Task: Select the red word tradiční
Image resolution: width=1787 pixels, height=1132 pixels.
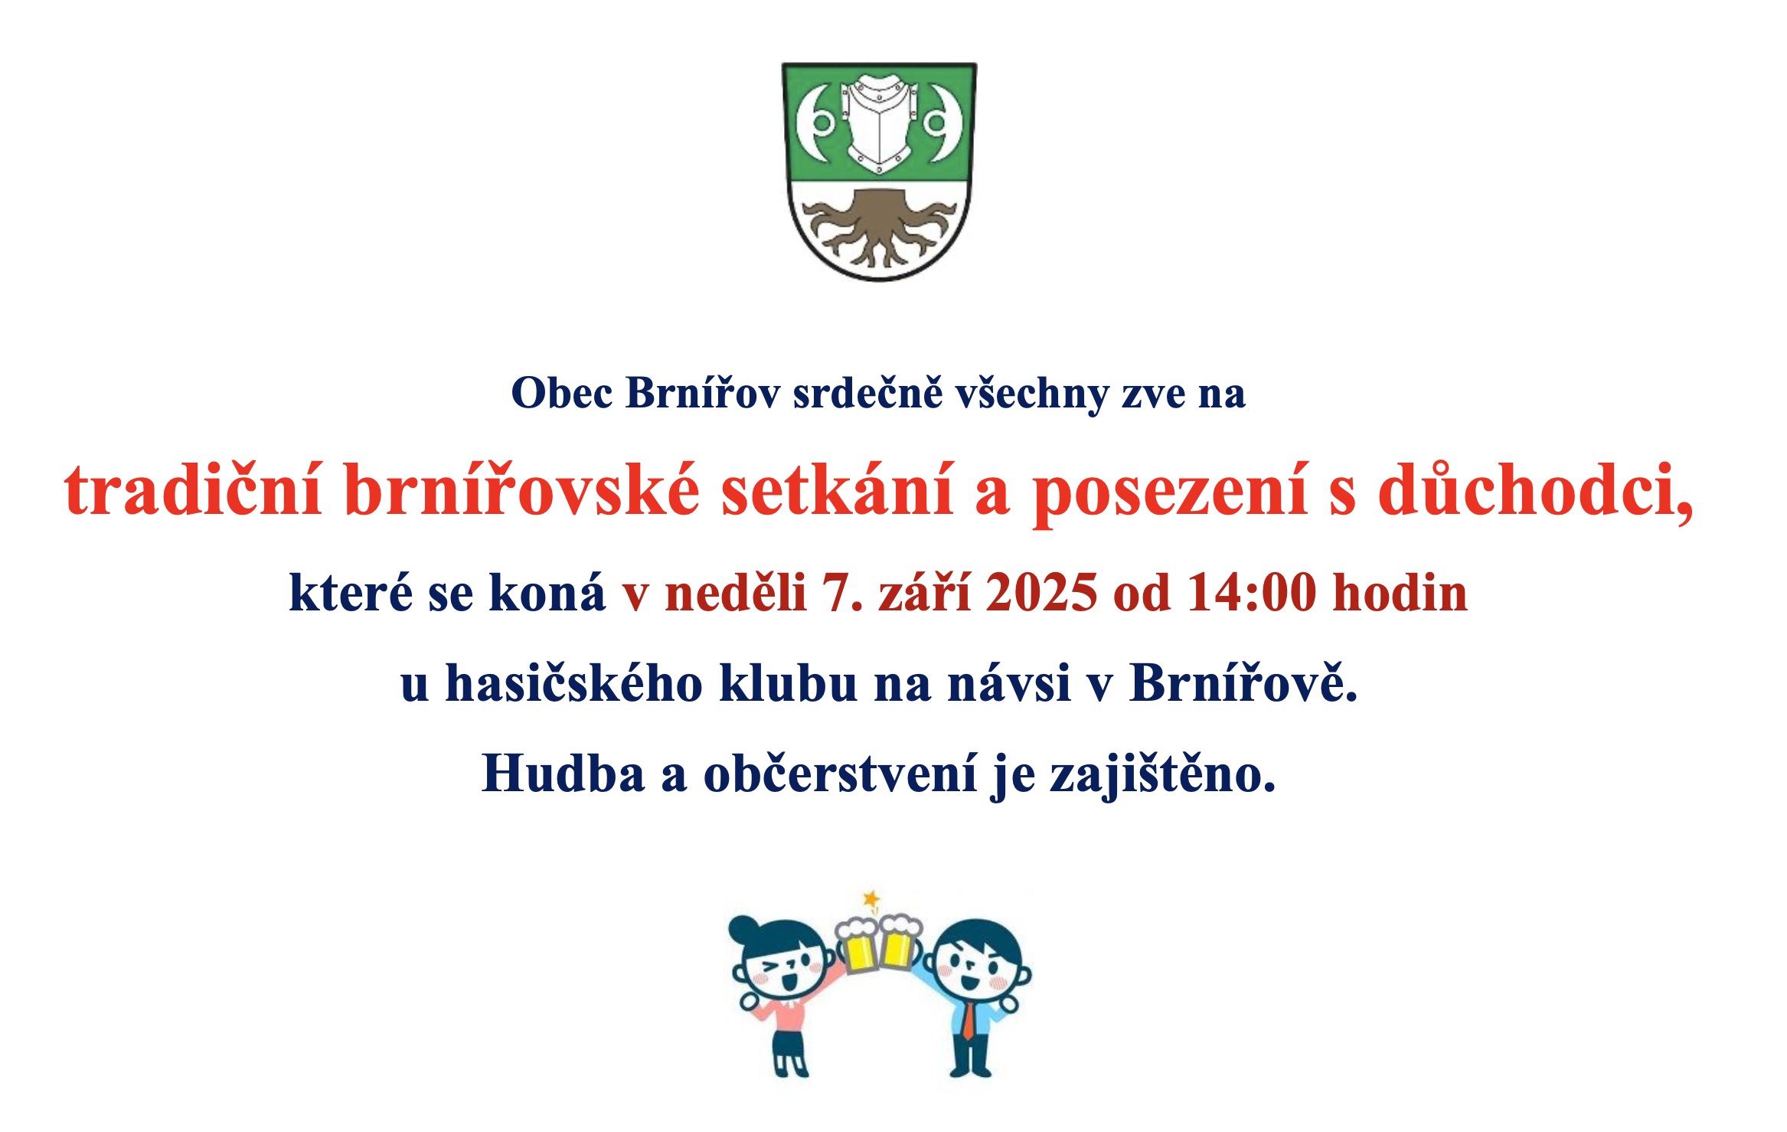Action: [x=193, y=490]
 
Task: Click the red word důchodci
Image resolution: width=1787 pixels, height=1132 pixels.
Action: [x=1535, y=491]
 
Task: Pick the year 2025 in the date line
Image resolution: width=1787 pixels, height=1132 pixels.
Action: [x=1041, y=593]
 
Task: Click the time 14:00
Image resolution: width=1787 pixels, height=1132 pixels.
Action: [x=1252, y=593]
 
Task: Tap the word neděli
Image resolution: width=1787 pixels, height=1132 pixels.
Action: [x=736, y=593]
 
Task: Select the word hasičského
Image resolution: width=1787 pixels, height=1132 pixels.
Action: [x=574, y=682]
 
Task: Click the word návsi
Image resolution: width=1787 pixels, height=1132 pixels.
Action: [x=1009, y=682]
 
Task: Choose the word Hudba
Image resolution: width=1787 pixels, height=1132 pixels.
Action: [x=564, y=773]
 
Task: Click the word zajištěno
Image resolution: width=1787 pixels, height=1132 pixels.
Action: [x=1162, y=774]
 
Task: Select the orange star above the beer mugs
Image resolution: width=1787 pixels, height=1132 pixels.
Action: [x=871, y=898]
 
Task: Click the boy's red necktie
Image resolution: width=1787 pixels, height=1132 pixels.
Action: [x=969, y=1021]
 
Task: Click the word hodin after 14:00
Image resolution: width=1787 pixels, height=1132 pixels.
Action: [x=1400, y=593]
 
